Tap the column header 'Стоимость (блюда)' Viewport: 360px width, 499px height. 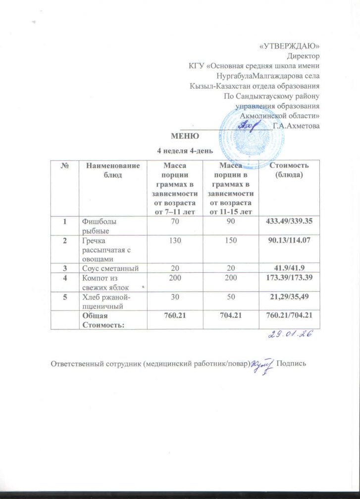coord(289,170)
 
